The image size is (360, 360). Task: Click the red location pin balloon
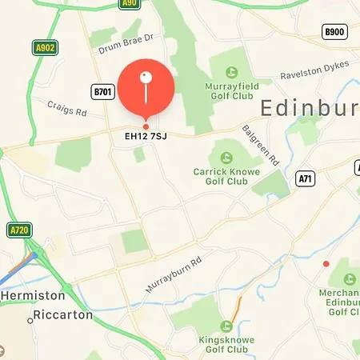tap(146, 89)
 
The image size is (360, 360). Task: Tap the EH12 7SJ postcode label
tap(146, 137)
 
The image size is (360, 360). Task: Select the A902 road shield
tap(45, 48)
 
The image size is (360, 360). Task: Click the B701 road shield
tap(103, 92)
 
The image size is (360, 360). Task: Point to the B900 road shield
tap(334, 32)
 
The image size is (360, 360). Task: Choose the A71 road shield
tap(304, 178)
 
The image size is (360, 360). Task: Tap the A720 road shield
tap(19, 230)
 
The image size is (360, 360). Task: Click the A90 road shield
tap(129, 4)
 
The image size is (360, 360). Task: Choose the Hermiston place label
tap(26, 295)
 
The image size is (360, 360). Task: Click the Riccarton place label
tap(62, 314)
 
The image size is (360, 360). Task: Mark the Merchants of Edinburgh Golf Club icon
tap(350, 280)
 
